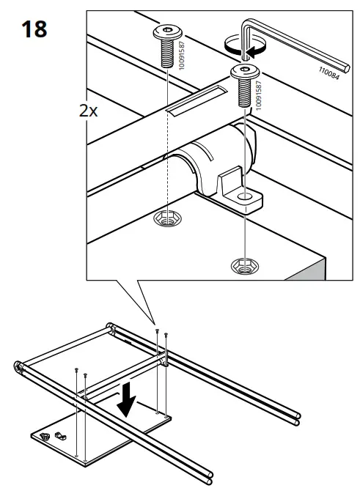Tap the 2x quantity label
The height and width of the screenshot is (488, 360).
click(90, 112)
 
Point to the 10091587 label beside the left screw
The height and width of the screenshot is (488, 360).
click(180, 53)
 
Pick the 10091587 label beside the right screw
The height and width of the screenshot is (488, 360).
click(258, 92)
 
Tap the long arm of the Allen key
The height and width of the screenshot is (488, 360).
click(301, 52)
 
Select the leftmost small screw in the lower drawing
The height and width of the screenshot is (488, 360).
click(76, 372)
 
